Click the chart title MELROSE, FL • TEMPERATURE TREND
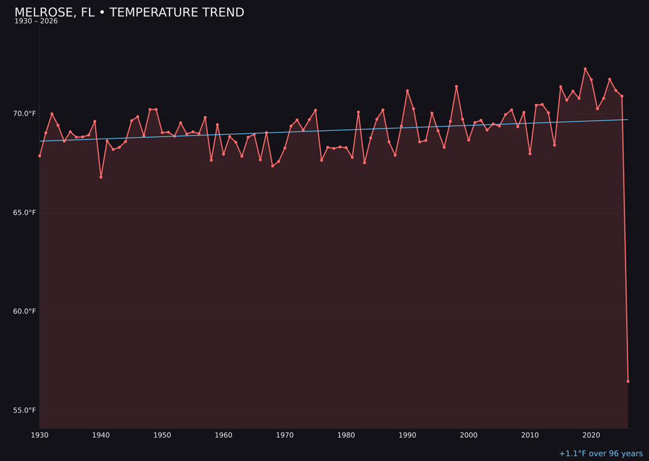coord(129,13)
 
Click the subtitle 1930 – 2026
coord(36,22)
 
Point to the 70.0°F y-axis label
coord(25,113)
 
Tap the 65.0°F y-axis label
coord(25,212)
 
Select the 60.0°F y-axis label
coord(25,311)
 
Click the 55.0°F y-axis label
coord(25,410)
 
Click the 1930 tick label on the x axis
coord(40,435)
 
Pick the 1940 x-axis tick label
coord(101,435)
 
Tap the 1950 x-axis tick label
coord(162,435)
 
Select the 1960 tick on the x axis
coord(224,435)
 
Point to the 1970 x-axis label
coord(285,435)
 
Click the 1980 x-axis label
coord(346,435)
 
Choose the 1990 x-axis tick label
coord(407,435)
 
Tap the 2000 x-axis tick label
coord(469,435)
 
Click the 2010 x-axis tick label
coord(530,435)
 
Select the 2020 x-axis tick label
coord(591,435)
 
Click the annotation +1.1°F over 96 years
coord(600,454)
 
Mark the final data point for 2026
coord(628,381)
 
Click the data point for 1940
coord(101,177)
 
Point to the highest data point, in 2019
coord(585,69)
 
